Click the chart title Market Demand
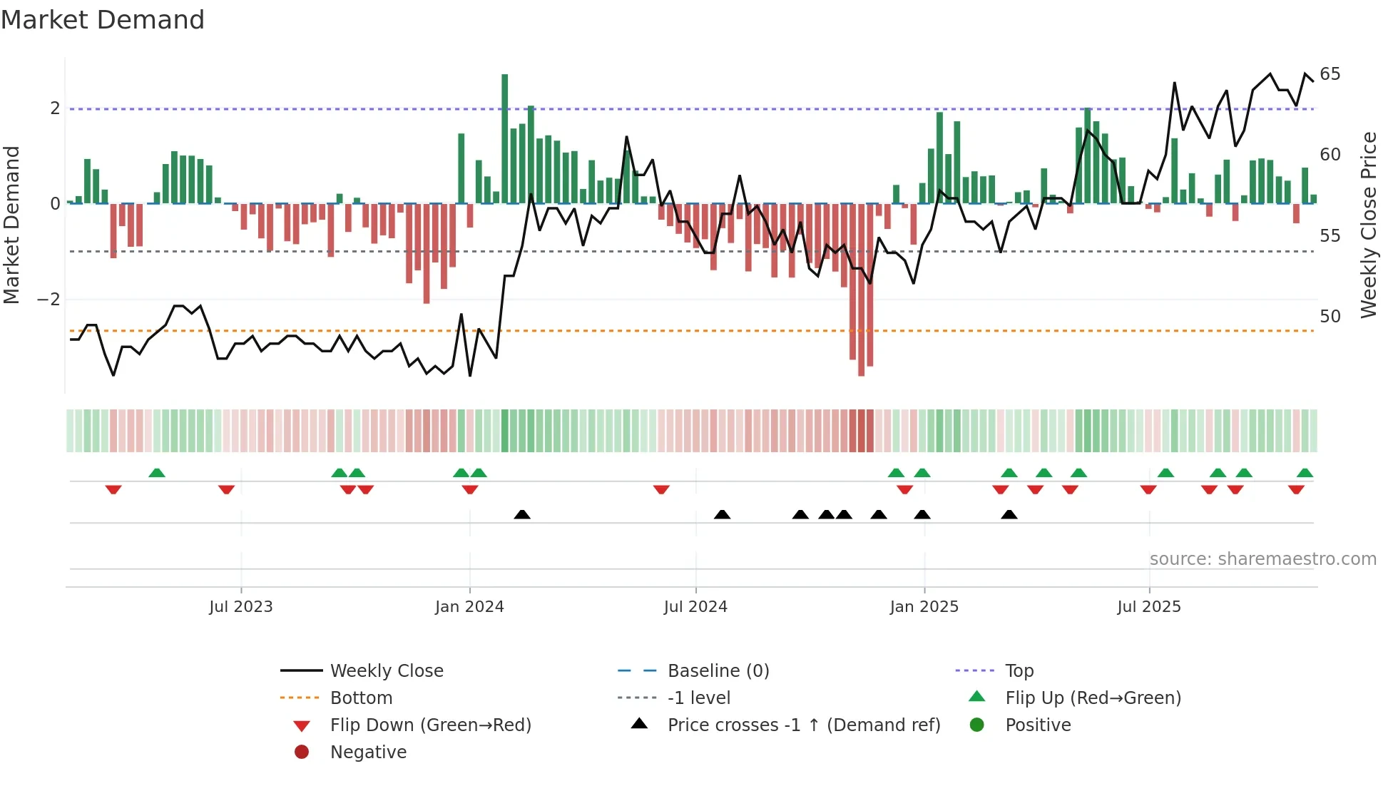click(x=103, y=20)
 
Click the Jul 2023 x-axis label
click(x=241, y=607)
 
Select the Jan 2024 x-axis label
click(x=469, y=607)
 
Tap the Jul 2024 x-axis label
click(x=695, y=607)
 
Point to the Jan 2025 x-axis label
click(x=924, y=607)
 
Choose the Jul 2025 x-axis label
click(x=1149, y=607)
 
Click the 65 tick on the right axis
click(x=1330, y=74)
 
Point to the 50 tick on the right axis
click(x=1330, y=316)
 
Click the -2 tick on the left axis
click(x=49, y=300)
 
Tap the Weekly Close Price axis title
click(x=1369, y=225)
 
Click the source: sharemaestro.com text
click(x=1262, y=559)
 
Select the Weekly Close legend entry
click(x=387, y=671)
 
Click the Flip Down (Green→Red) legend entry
click(x=430, y=725)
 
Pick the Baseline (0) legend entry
click(x=718, y=671)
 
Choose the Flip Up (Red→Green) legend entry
click(x=1093, y=698)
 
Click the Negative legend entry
click(x=368, y=752)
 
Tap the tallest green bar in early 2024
click(x=505, y=139)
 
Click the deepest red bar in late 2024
click(x=862, y=289)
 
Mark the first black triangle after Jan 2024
click(x=522, y=514)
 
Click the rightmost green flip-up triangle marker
click(x=1305, y=473)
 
